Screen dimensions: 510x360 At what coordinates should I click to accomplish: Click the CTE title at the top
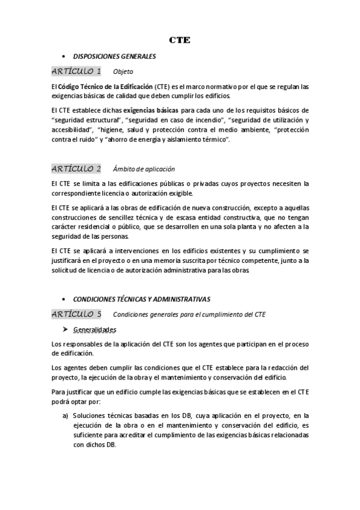coord(180,40)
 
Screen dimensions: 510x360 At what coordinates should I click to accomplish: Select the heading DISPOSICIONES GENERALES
coord(114,57)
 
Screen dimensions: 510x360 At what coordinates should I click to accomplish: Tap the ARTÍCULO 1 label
coord(76,72)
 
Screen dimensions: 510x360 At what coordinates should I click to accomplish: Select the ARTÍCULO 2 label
coord(76,168)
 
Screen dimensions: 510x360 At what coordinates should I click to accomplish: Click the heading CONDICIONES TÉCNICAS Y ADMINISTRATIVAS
coord(141,299)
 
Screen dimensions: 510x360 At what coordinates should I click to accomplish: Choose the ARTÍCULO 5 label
coord(76,314)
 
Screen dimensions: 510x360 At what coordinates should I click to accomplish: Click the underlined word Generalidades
coord(94,330)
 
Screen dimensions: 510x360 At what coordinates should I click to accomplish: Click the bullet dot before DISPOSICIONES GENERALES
coord(64,57)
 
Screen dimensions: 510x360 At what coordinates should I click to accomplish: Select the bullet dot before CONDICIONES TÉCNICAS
coord(64,299)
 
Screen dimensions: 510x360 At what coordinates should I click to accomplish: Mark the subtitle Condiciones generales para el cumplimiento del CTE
coord(189,315)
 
